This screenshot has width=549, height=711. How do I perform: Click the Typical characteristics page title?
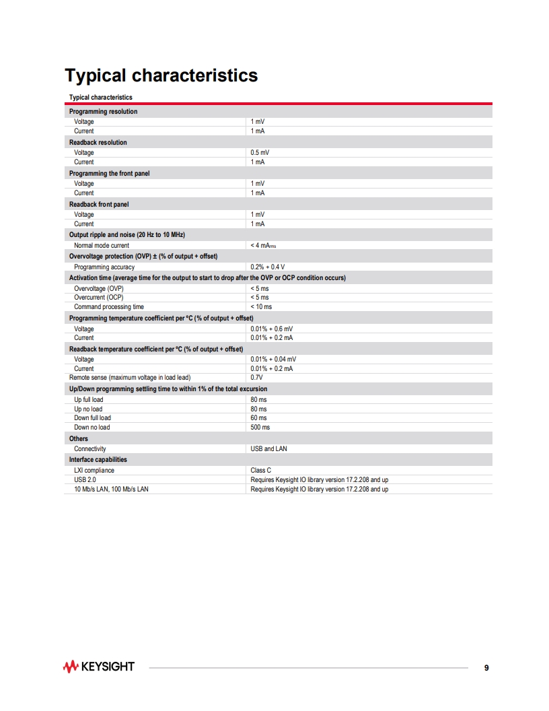(x=161, y=75)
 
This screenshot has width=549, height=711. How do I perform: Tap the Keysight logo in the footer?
(x=98, y=667)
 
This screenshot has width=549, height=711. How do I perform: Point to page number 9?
(x=486, y=668)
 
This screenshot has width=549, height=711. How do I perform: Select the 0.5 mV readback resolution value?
(x=260, y=153)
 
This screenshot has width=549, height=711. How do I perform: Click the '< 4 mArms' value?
(x=263, y=246)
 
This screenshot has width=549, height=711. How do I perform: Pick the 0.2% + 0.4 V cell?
(x=267, y=267)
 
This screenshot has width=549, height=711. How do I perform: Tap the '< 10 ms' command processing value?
(x=261, y=307)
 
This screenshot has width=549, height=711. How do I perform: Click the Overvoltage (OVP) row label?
(x=99, y=288)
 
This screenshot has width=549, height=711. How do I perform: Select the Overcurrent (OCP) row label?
(x=99, y=298)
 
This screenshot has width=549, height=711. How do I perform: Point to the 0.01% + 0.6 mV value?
(x=271, y=329)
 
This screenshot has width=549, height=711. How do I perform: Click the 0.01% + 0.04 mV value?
(x=273, y=360)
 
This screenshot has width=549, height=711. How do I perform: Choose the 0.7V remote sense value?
(x=256, y=378)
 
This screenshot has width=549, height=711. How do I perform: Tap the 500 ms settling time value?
(x=260, y=428)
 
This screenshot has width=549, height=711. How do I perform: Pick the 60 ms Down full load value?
(x=258, y=418)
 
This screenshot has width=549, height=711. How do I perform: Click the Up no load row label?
(x=88, y=409)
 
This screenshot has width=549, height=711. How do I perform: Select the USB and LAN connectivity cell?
(x=268, y=448)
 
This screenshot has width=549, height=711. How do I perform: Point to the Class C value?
(x=260, y=471)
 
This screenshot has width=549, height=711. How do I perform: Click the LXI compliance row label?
(x=94, y=471)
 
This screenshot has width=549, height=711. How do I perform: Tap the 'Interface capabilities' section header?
(x=98, y=460)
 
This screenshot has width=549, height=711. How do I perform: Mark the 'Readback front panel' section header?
(x=99, y=204)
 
